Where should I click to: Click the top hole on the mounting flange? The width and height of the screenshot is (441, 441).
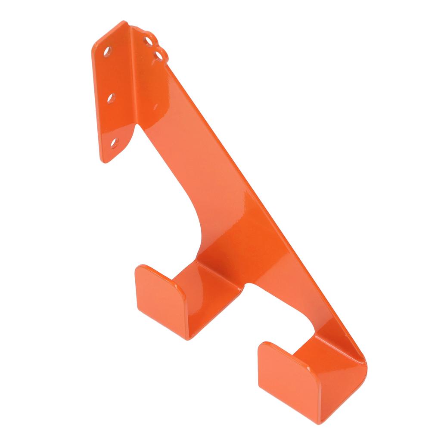coord(107,50)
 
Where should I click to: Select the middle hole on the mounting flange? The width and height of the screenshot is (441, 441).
coord(111,98)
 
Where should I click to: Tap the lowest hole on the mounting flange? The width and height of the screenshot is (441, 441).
coord(114,142)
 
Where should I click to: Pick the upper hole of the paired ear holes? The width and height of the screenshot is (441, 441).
coord(149,40)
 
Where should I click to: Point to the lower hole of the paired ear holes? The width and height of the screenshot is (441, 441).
coord(159,55)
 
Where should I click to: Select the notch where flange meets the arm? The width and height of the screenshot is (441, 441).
coord(137,125)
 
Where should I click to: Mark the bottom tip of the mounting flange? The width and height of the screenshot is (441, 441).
coord(104,161)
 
